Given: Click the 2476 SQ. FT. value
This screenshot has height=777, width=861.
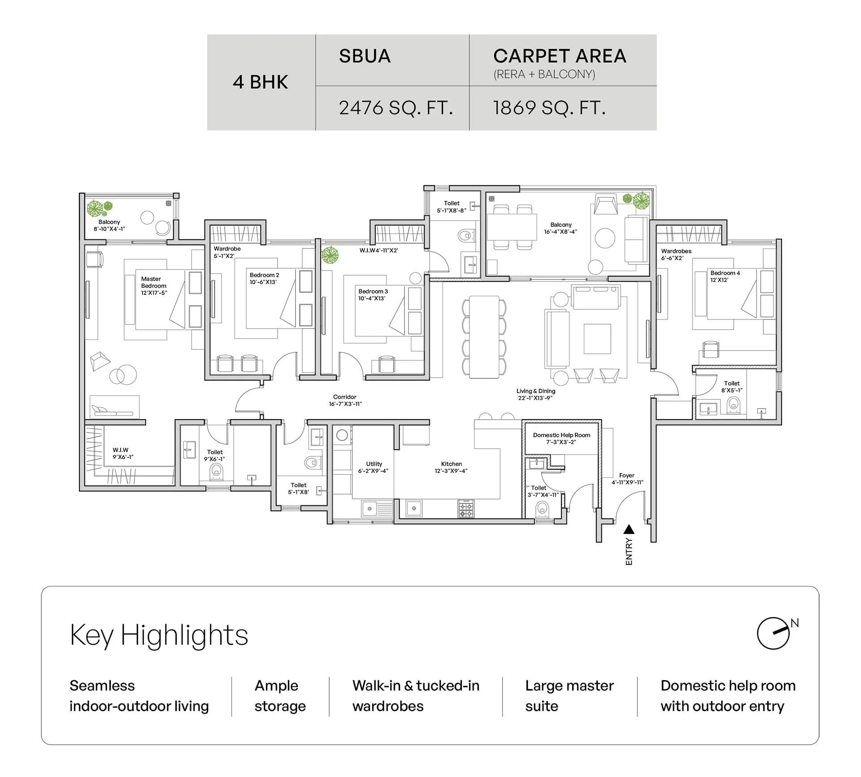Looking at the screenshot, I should pos(396,108).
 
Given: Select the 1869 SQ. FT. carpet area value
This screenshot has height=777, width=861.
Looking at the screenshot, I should pos(549,108).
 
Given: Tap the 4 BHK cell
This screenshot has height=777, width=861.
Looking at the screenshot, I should pos(261,82).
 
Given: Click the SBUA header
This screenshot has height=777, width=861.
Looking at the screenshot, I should pos(365,56).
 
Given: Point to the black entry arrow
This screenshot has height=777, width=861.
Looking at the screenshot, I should pos(629,530).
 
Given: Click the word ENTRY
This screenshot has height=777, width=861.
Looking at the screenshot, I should pos(629,551).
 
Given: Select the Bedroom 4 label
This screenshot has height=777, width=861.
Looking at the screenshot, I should pos(725,273).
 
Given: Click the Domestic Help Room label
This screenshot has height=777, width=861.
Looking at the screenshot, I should pos(561,435).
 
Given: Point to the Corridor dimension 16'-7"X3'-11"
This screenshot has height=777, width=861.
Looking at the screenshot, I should pos(345,404).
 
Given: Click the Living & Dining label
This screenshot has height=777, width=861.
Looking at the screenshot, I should pos(535,391).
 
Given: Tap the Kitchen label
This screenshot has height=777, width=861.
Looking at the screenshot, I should pos(451,464).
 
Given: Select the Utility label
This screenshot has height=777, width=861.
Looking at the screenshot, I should pos(374,464).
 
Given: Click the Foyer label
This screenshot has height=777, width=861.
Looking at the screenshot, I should pos(626,475).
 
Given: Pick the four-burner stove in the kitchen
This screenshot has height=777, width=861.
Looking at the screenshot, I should pos(466,508).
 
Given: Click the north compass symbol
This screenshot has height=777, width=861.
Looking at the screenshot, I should pos(774,633).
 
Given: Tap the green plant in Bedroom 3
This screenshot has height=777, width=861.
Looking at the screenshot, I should pos(330,255).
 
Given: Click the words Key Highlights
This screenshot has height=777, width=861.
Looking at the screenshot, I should pos(159,635).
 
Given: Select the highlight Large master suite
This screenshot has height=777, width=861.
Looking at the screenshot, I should pos(569,695).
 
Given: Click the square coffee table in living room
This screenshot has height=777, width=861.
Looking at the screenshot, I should pos(597,339).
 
